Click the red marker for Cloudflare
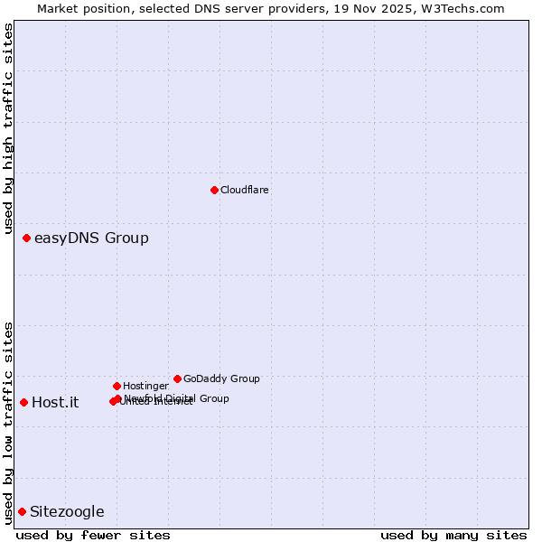[214, 190]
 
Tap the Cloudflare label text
[244, 191]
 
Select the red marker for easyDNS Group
[27, 238]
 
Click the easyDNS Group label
[91, 238]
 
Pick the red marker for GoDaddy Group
[177, 378]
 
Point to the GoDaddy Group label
[221, 379]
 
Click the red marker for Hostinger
[117, 386]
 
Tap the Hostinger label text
[145, 387]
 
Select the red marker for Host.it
[23, 402]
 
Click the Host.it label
[55, 403]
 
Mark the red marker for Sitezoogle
[22, 511]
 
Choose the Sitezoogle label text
[67, 512]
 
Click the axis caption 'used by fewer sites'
[93, 536]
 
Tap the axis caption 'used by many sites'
[453, 536]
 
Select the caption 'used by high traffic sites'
[9, 129]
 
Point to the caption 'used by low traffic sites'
[9, 422]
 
